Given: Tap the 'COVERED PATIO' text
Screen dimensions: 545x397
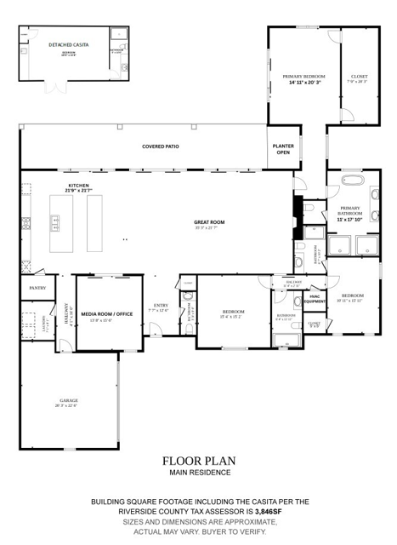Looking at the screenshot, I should click(160, 146).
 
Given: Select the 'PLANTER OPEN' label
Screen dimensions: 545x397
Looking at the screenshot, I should click(283, 149).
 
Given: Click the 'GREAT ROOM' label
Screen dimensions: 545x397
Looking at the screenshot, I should click(208, 222).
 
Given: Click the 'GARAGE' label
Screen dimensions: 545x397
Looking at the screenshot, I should click(68, 400).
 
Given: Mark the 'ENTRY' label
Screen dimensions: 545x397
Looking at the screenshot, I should click(160, 306).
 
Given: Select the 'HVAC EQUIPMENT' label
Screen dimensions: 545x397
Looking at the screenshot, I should click(315, 299).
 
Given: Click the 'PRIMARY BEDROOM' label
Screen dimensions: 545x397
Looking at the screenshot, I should click(303, 77).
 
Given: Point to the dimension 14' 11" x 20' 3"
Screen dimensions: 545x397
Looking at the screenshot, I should click(303, 83).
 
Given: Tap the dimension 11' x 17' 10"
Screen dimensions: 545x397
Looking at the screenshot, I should click(350, 219).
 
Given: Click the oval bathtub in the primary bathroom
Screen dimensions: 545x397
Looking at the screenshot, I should click(350, 181).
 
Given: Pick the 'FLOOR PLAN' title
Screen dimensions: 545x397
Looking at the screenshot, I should click(198, 461).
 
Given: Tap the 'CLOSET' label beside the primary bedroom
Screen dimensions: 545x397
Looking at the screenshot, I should click(359, 77).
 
